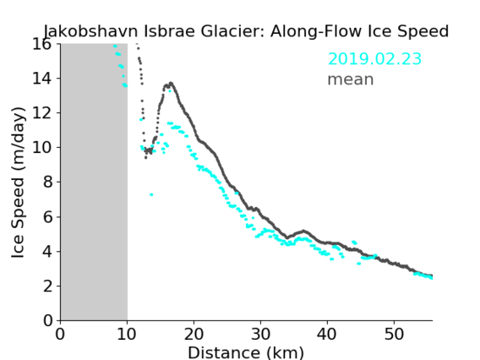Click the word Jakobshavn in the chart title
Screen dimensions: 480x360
point(91,31)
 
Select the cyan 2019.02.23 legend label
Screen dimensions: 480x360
point(374,59)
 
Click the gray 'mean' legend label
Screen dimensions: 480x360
point(351,79)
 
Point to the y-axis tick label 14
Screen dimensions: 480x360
point(42,79)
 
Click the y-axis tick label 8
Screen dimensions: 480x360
point(47,183)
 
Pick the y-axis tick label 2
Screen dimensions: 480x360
point(47,286)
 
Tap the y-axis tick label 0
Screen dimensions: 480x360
point(47,320)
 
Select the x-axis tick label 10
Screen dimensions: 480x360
point(127,334)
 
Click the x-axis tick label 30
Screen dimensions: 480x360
point(260,334)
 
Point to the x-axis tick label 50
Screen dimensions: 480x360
point(394,334)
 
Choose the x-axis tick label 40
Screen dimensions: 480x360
point(327,334)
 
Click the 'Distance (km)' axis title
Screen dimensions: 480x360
point(246,352)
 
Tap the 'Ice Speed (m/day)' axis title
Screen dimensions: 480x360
point(18,183)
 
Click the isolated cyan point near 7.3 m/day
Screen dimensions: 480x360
point(151,194)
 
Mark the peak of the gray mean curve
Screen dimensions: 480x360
point(171,83)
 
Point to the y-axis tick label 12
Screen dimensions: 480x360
point(42,113)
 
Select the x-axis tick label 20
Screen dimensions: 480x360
point(194,334)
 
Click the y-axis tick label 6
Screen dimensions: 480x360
point(47,217)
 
